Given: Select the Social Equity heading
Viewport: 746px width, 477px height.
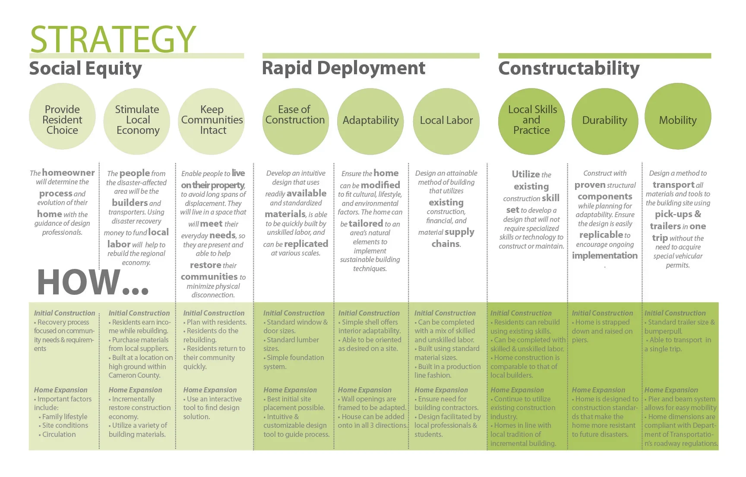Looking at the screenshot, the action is [85, 69].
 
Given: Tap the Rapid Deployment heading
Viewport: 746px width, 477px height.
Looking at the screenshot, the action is [343, 68].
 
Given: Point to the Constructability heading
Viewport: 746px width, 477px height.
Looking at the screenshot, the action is [569, 69].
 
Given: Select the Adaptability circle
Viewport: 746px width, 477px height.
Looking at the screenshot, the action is [370, 121].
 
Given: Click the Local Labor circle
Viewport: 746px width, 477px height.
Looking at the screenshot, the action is [446, 121].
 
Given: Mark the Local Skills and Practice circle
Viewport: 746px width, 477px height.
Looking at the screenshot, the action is [531, 121].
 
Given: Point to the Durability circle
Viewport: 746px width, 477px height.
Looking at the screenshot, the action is [604, 121].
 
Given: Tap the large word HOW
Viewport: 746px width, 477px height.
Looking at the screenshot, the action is [79, 282].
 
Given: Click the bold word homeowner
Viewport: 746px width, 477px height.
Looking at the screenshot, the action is [68, 173].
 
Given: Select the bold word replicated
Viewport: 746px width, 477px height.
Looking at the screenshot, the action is [306, 244].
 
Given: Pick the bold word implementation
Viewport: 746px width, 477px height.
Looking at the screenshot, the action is [604, 256].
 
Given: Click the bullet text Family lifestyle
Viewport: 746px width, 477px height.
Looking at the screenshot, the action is [65, 417].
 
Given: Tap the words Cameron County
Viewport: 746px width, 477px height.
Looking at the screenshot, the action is [134, 376].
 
